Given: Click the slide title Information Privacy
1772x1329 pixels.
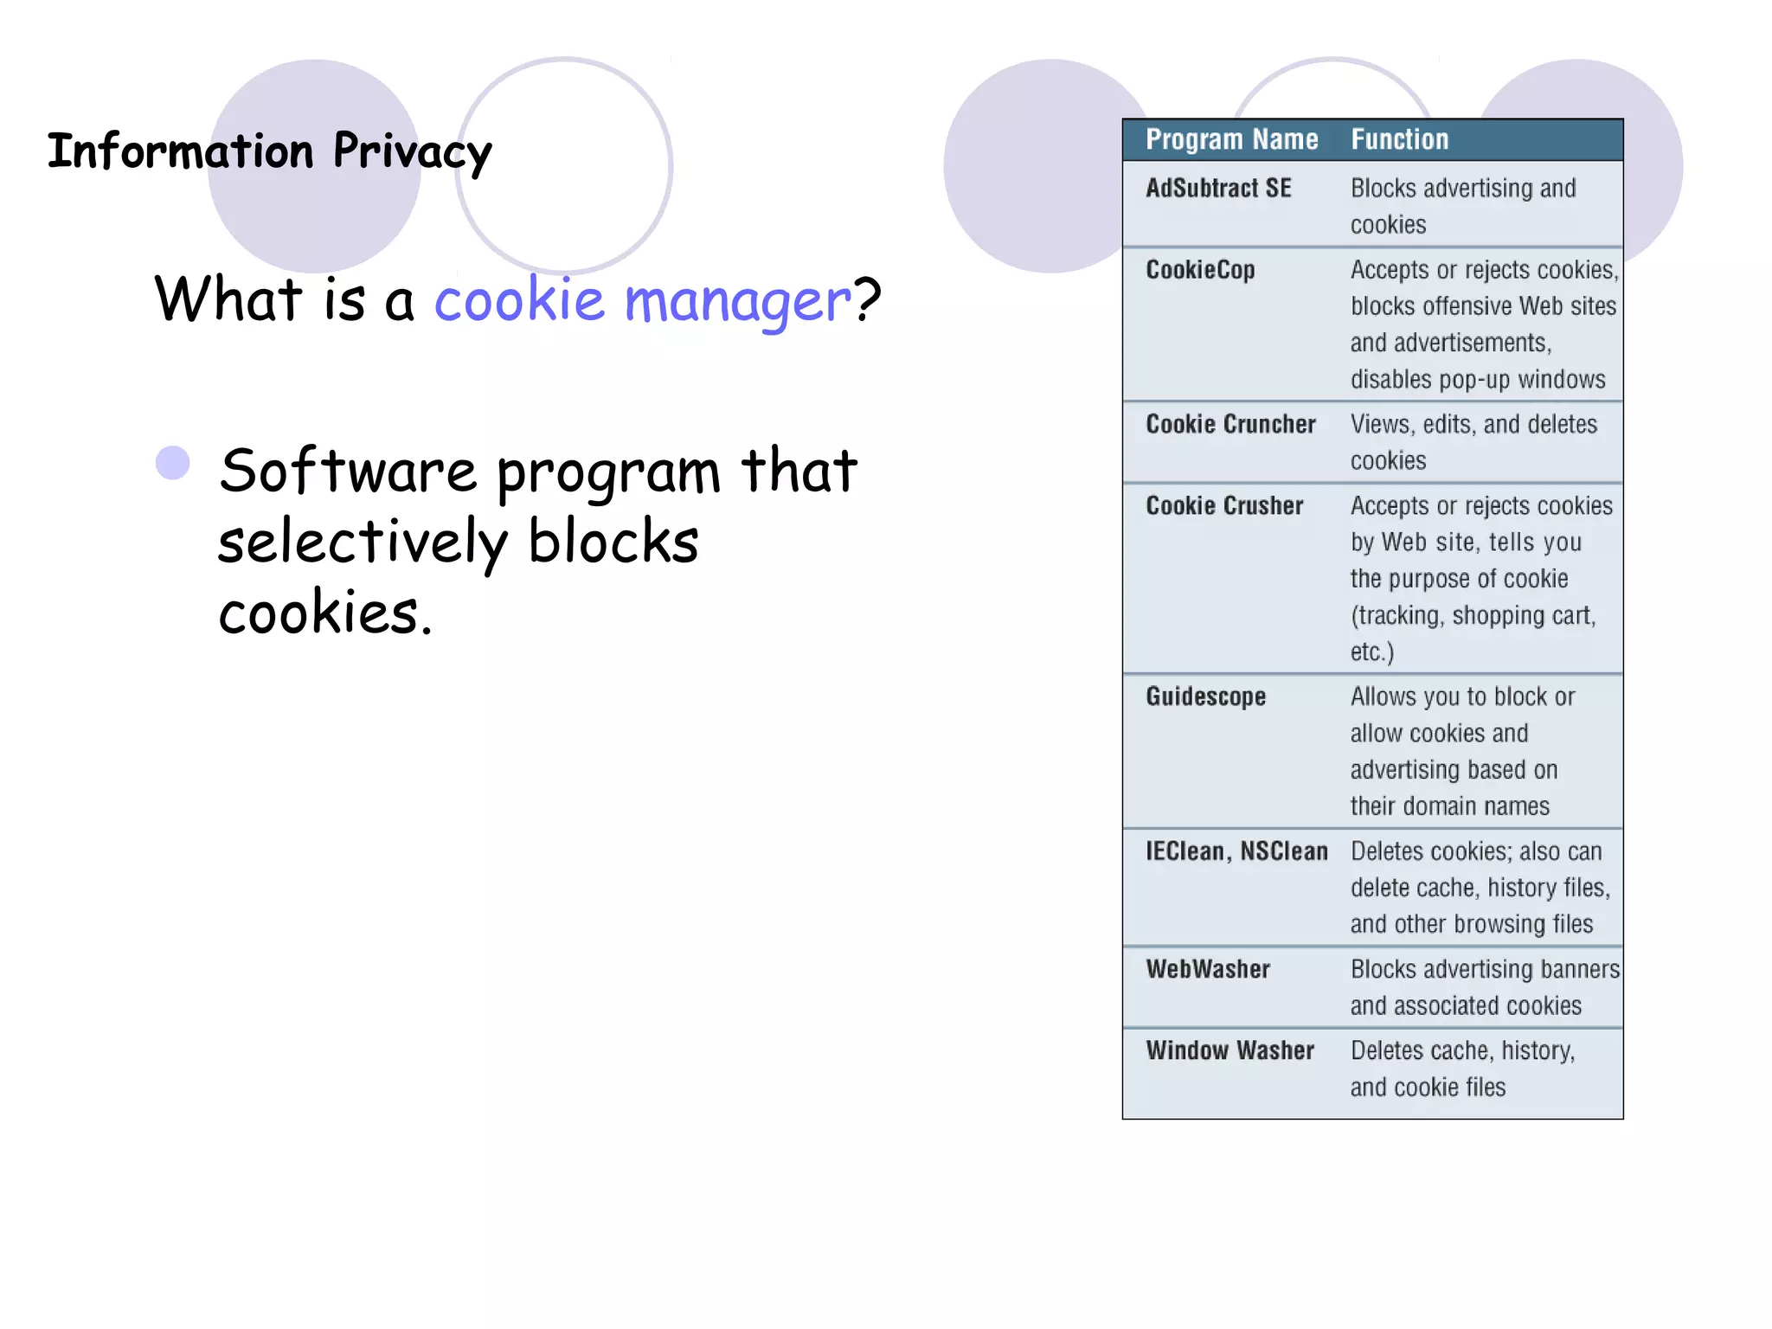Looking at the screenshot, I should [269, 151].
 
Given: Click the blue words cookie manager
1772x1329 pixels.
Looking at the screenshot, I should [643, 300].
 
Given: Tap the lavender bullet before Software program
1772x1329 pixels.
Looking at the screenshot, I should [173, 463].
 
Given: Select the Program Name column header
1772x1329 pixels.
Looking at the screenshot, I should [1231, 139].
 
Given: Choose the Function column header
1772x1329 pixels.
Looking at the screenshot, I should [1399, 139].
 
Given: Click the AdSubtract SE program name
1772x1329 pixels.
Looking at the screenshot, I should [1218, 188].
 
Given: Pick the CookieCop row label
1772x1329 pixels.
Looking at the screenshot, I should [1200, 270].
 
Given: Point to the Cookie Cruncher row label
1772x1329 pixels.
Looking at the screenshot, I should [1230, 424].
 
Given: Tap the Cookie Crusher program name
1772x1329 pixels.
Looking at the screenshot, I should [1224, 505].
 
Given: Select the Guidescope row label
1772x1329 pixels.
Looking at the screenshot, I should [1205, 697].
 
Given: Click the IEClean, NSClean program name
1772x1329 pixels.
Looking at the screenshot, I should [1236, 851].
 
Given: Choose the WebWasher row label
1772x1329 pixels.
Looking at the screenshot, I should [1208, 969].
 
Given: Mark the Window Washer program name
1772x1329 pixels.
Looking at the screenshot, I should [1229, 1050].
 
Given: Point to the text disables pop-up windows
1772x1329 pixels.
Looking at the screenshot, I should [1478, 379].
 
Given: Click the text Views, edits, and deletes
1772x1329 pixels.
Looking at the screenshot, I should [1473, 424].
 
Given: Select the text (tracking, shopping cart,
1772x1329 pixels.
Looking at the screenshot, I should [1473, 615].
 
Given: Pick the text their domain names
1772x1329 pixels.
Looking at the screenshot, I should [1449, 806].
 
